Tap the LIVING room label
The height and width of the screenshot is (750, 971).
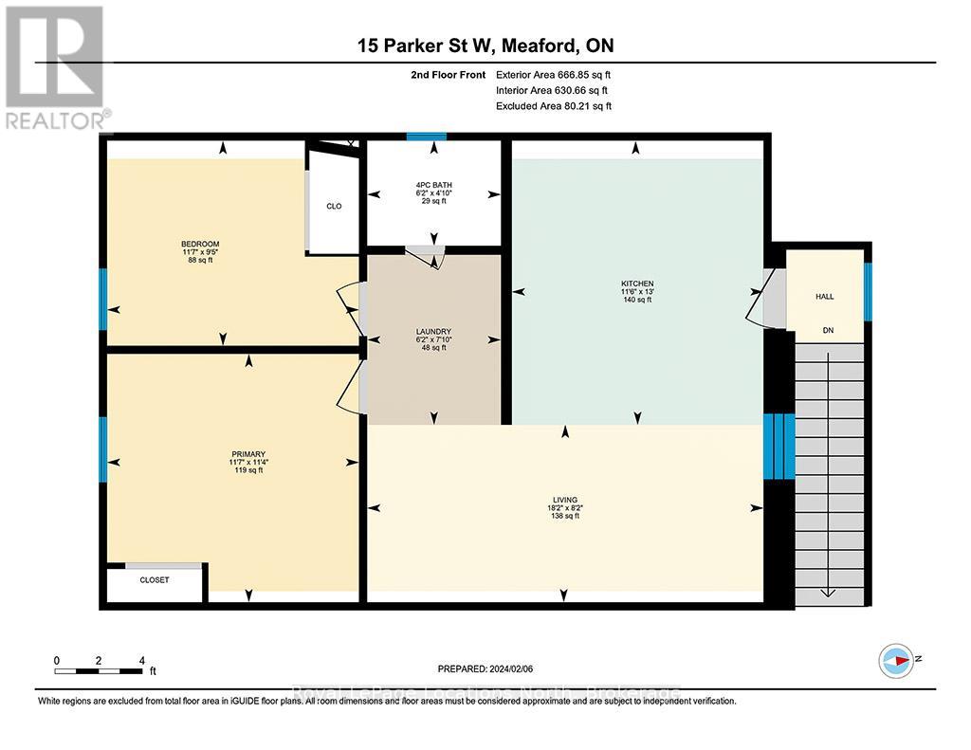[565, 499]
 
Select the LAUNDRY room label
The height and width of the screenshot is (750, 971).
[433, 332]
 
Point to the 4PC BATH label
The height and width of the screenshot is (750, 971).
[433, 184]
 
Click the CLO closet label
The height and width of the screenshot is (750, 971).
[334, 206]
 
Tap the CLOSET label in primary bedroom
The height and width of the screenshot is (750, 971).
[154, 579]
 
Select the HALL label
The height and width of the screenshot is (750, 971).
[825, 297]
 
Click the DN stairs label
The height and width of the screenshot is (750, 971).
[827, 331]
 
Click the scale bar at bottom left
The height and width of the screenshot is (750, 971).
[100, 670]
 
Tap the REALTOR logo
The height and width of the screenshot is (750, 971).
[56, 67]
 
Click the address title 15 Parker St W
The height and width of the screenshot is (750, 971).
[485, 45]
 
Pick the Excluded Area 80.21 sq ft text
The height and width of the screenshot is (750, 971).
[554, 106]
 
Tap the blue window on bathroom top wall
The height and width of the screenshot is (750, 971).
[427, 137]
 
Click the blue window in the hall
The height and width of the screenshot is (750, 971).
[867, 291]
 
